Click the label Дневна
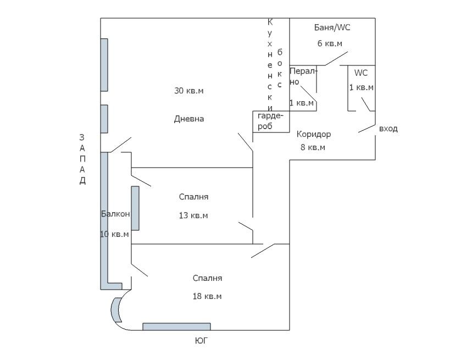189,119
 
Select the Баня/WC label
332,27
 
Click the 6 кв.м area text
330,43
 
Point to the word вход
388,129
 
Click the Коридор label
314,134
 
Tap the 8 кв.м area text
313,147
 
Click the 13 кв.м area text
193,215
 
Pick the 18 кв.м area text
207,296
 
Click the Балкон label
115,214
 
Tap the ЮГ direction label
202,341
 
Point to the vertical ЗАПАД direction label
82,159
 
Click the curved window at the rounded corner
116,311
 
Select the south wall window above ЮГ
176,326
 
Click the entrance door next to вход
367,128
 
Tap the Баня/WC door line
336,59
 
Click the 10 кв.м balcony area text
114,234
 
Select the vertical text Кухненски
270,63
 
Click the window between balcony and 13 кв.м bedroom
135,208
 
